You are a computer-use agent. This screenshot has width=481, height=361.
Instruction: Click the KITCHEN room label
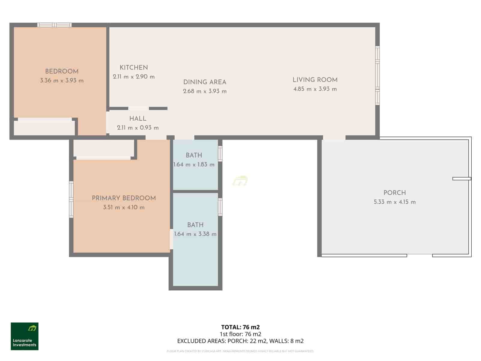(133, 68)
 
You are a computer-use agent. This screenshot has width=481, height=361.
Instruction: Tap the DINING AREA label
(204, 82)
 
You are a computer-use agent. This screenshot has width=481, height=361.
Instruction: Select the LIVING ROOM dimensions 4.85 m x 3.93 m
(315, 89)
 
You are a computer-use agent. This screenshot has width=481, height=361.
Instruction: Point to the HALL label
(138, 119)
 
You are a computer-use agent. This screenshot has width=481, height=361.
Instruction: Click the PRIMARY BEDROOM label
(124, 198)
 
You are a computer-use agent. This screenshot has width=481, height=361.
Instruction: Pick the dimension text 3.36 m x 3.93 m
(62, 81)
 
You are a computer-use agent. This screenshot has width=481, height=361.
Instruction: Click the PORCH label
(394, 193)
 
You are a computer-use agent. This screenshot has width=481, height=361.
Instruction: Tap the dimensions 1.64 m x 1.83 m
(194, 165)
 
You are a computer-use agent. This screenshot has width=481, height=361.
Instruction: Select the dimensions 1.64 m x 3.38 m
(195, 234)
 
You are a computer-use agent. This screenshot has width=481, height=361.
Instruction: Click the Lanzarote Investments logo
(25, 336)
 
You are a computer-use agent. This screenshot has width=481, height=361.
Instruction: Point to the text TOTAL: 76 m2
(240, 327)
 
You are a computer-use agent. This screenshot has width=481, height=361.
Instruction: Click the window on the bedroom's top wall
(54, 25)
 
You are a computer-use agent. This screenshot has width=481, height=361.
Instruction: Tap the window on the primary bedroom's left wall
(71, 199)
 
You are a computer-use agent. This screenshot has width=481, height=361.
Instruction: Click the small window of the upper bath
(220, 153)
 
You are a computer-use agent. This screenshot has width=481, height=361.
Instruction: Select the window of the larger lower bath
(220, 207)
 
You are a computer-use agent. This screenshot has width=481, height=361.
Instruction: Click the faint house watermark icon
(240, 181)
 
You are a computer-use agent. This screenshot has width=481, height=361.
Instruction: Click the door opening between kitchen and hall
(138, 108)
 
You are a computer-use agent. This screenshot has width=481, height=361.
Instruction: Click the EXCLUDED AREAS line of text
(240, 341)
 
